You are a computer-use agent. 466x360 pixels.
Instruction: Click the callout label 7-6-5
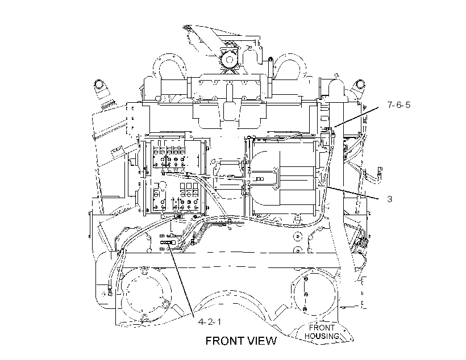point(398,105)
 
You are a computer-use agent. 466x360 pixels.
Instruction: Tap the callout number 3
point(390,199)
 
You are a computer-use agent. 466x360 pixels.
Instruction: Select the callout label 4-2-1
point(210,322)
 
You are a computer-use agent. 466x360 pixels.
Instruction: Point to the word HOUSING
point(322,336)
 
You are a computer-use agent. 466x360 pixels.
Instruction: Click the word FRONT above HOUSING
point(322,328)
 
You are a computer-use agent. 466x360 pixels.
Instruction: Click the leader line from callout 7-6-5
point(356,117)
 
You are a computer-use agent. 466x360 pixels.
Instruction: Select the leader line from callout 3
point(353,193)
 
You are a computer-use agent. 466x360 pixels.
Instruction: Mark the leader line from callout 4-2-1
point(182,280)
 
